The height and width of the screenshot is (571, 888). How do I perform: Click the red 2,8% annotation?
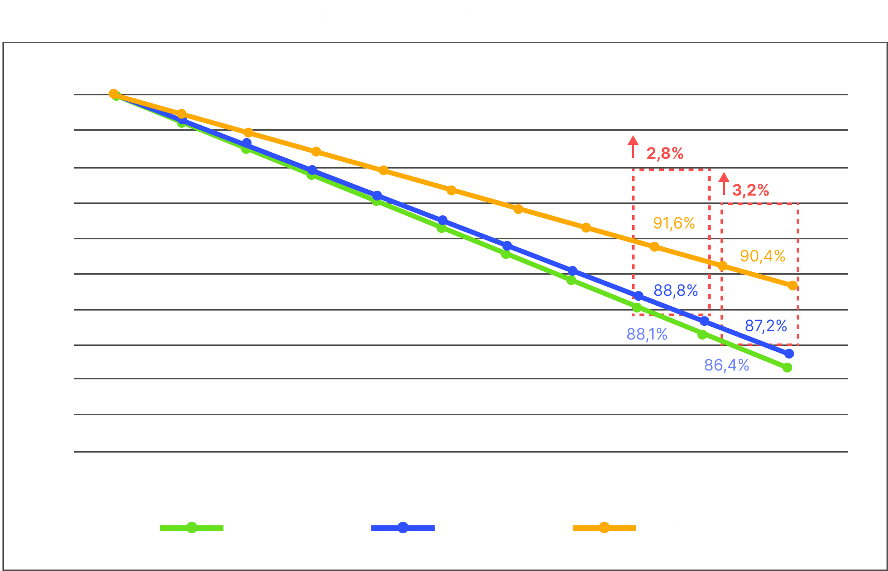[665, 154]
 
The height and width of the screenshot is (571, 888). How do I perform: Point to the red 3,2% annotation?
[750, 190]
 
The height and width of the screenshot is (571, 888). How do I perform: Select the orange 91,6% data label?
[674, 224]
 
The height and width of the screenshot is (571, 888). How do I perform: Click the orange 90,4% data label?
[762, 256]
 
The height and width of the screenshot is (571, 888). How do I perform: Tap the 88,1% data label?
[647, 335]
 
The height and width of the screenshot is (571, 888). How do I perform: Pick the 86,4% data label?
[726, 366]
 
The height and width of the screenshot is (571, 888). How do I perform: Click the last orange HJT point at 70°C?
[792, 285]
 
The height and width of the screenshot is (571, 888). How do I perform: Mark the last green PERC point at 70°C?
[787, 368]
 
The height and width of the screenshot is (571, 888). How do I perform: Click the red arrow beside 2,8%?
[633, 146]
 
